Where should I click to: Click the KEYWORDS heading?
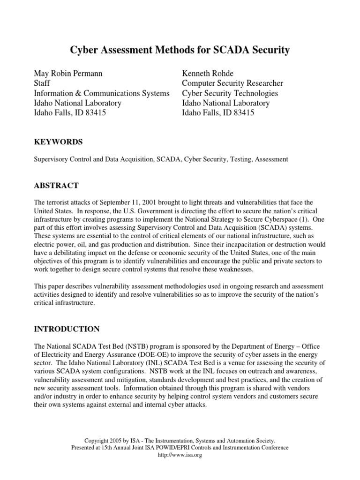58,142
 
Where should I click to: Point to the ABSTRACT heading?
56,186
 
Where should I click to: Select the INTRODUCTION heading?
67,329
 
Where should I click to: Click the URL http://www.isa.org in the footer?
180,455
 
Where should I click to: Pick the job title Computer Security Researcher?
232,83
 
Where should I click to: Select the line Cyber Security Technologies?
230,93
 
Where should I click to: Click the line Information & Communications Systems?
102,93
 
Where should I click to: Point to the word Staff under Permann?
42,83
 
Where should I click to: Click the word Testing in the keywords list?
238,159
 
